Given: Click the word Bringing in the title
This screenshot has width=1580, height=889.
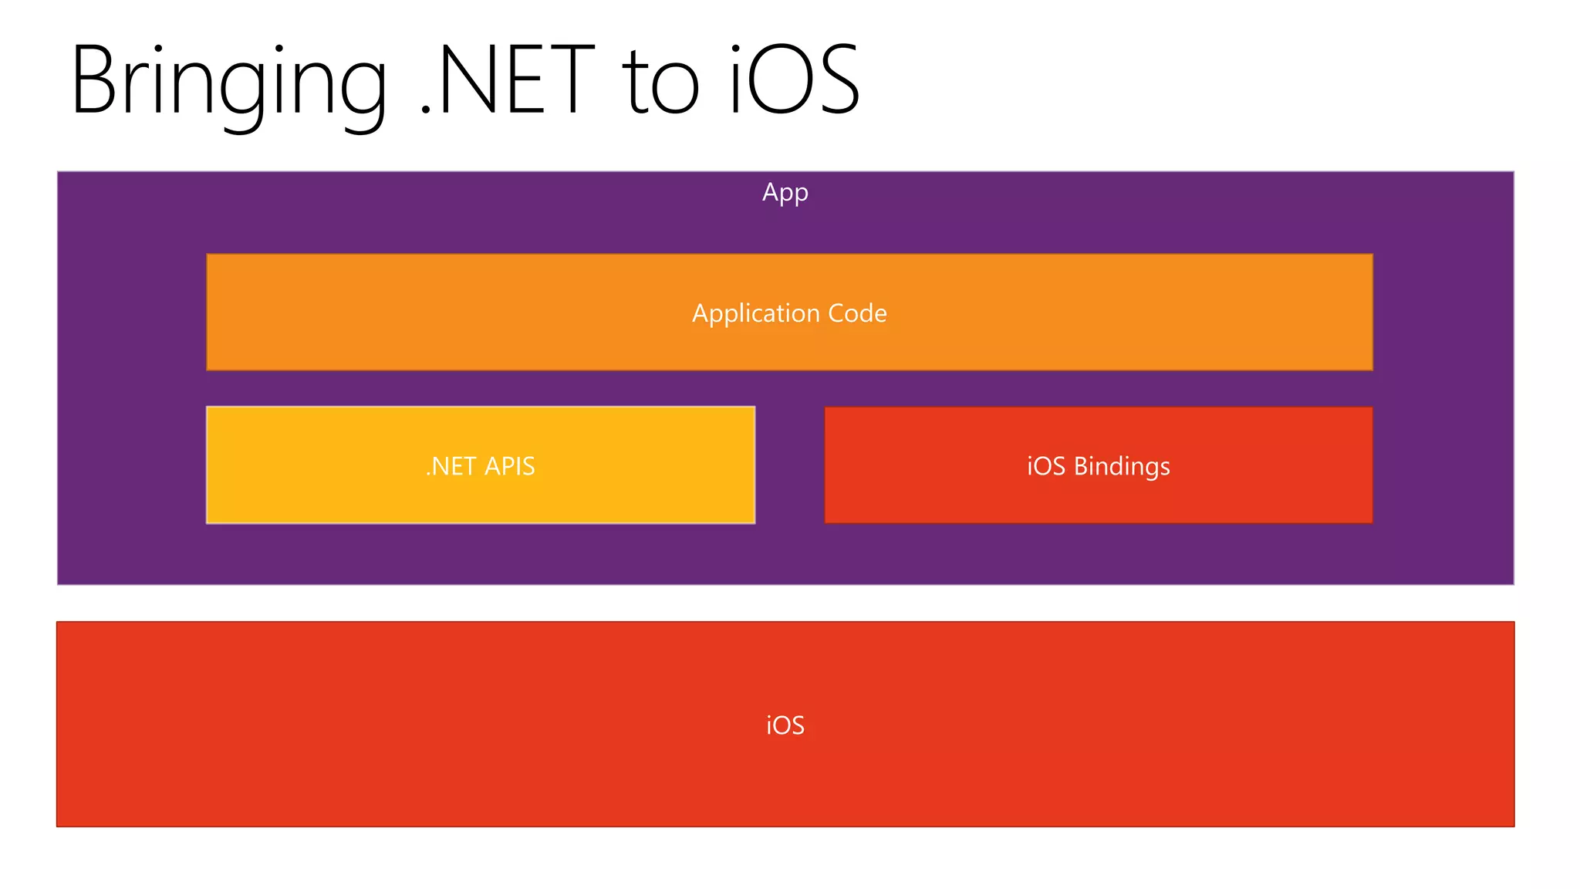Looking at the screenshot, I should coord(228,81).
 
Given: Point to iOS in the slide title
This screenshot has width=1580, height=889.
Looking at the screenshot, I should coord(795,81).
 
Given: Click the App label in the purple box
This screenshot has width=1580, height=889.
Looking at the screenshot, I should coord(785,192).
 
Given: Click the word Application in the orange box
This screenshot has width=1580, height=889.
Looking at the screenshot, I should coord(755,313).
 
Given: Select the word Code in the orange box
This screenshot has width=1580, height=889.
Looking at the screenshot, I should coord(857,313).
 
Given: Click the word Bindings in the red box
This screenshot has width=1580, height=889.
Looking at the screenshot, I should coord(1122,466).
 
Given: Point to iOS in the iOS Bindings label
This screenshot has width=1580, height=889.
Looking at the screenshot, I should coord(1045,466).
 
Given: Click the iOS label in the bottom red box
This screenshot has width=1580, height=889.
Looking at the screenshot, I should coord(785,725).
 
